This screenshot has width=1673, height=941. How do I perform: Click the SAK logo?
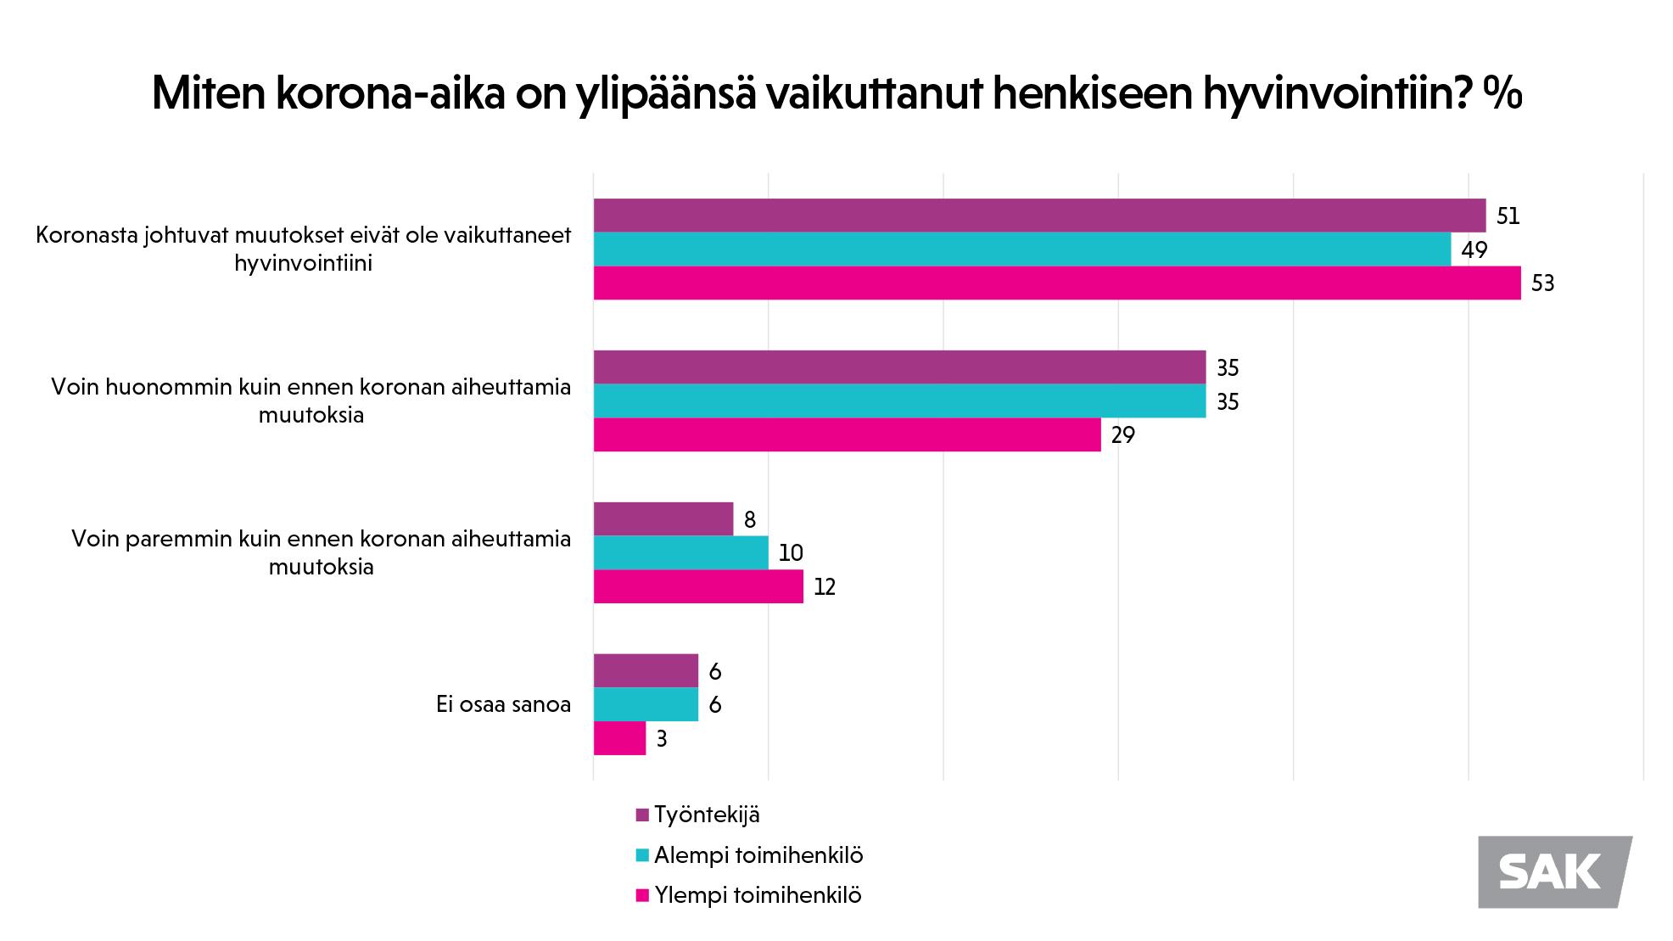click(x=1554, y=871)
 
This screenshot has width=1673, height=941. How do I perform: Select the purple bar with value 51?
click(x=1039, y=216)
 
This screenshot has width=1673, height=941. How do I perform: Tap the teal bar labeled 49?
click(x=1021, y=249)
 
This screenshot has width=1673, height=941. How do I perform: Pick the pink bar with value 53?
click(x=1056, y=283)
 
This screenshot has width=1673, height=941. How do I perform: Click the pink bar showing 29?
click(x=847, y=434)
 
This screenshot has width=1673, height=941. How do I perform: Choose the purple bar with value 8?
click(x=663, y=519)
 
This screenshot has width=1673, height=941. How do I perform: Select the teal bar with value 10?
click(x=680, y=552)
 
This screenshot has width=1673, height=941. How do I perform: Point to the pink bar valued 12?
click(x=698, y=586)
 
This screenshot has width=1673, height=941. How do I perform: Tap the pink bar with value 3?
click(x=619, y=738)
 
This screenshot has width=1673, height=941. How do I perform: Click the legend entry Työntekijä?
click(x=707, y=815)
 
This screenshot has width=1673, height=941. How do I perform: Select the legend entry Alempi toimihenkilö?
click(x=758, y=855)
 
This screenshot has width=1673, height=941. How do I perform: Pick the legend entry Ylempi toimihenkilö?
click(x=758, y=895)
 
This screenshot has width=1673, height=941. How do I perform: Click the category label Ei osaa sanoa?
click(x=503, y=704)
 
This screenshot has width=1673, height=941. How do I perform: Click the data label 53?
click(x=1542, y=283)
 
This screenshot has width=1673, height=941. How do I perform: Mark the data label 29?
click(x=1122, y=435)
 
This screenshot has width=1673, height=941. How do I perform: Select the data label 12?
click(x=825, y=587)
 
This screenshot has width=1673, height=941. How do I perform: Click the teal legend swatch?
click(x=642, y=855)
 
